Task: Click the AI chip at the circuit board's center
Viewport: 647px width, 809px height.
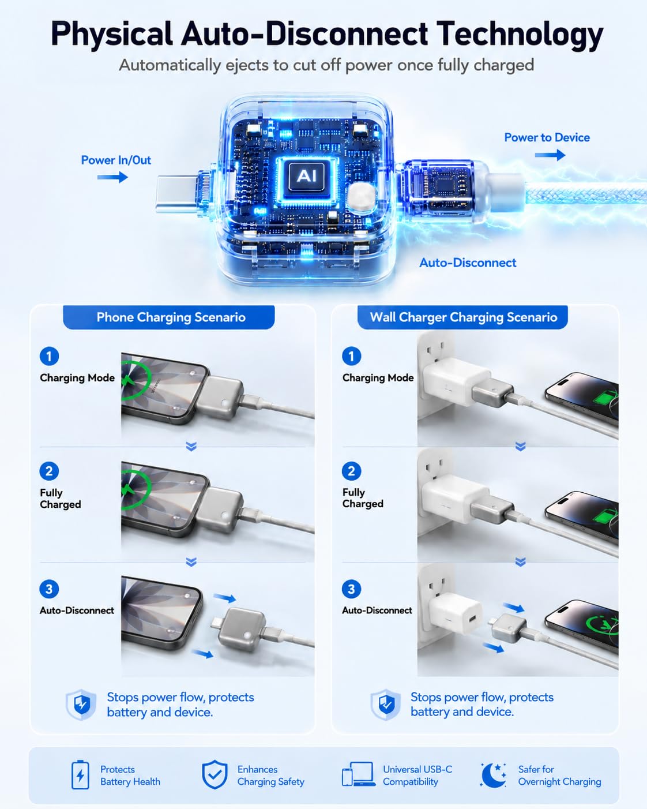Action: pyautogui.click(x=307, y=175)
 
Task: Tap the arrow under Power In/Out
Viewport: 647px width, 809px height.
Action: pyautogui.click(x=112, y=177)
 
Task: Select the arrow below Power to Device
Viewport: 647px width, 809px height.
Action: pyautogui.click(x=550, y=155)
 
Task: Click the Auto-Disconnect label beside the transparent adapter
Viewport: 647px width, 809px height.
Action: pyautogui.click(x=468, y=263)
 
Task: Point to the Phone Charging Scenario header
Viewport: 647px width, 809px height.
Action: pyautogui.click(x=171, y=317)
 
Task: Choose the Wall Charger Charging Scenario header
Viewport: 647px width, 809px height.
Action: pyautogui.click(x=463, y=317)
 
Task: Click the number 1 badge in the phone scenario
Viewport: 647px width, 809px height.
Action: pyautogui.click(x=49, y=356)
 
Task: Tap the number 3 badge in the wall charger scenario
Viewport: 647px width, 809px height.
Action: pyautogui.click(x=351, y=589)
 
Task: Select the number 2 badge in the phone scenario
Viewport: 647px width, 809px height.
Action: pyautogui.click(x=49, y=471)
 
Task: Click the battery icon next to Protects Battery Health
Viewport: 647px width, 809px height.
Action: pyautogui.click(x=80, y=775)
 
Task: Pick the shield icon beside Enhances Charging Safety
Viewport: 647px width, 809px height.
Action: pyautogui.click(x=215, y=774)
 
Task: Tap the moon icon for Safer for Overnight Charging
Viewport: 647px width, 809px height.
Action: pyautogui.click(x=493, y=775)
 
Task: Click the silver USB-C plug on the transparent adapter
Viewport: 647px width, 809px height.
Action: pyautogui.click(x=176, y=194)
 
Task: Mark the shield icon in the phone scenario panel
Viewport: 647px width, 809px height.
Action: pyautogui.click(x=81, y=705)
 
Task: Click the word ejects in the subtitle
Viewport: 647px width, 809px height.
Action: pyautogui.click(x=246, y=65)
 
